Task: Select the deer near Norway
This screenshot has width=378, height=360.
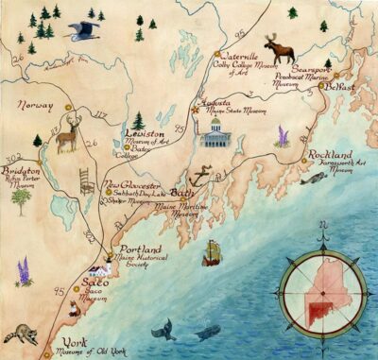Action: [x=66, y=137]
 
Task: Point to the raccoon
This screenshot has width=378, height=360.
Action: [x=16, y=334]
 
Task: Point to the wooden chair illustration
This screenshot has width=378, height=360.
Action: [x=88, y=179]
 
